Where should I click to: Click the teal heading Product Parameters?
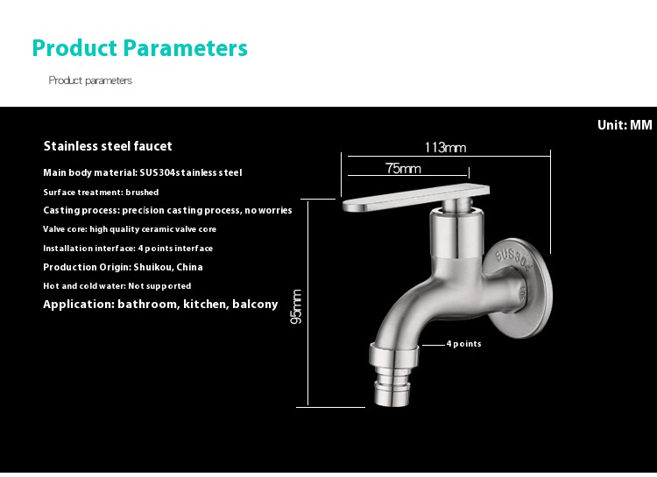click(140, 48)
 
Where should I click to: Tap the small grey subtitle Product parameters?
click(90, 81)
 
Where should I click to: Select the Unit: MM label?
click(625, 125)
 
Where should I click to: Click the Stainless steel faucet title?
click(108, 146)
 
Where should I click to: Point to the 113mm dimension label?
click(445, 147)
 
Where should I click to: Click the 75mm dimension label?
click(403, 168)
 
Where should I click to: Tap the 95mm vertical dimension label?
click(296, 306)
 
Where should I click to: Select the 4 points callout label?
click(463, 344)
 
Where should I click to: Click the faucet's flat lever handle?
click(416, 198)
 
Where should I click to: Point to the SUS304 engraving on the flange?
click(512, 260)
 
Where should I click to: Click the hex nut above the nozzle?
click(394, 354)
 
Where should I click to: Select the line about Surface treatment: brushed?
click(101, 193)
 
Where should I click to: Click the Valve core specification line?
click(130, 229)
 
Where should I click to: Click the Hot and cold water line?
click(117, 286)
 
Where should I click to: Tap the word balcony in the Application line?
click(255, 305)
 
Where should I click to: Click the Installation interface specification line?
click(128, 249)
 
